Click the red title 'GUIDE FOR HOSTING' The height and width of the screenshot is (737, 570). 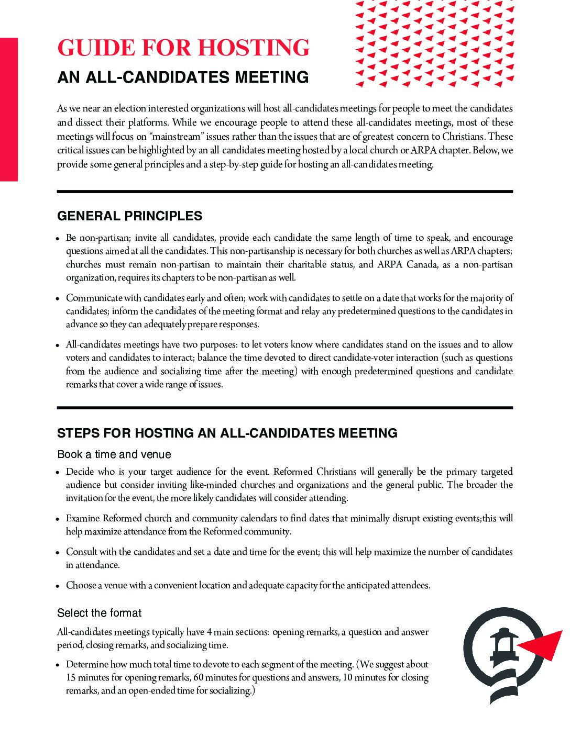click(x=183, y=48)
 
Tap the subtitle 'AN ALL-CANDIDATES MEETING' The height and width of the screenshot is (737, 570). click(x=183, y=77)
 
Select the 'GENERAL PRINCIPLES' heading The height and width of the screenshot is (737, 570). click(x=129, y=216)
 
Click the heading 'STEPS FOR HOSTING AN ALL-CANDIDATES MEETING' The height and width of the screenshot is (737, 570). click(x=227, y=433)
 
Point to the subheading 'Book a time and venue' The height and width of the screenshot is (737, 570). click(x=114, y=454)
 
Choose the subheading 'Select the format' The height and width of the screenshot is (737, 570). click(x=99, y=613)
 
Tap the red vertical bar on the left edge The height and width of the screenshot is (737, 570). click(x=8, y=109)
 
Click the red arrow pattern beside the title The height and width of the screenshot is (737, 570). click(x=434, y=43)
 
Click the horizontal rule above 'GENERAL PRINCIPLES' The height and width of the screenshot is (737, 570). click(x=284, y=192)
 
